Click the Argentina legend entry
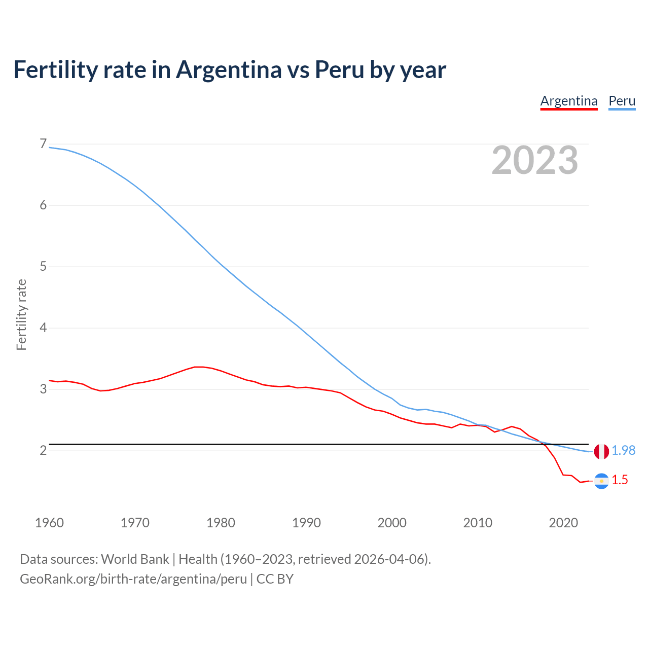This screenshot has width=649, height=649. pos(568,101)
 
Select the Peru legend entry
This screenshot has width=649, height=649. pos(622,101)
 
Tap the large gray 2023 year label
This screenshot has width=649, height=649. pos(535,160)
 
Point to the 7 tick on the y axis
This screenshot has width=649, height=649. pos(43,144)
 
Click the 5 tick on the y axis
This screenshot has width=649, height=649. pos(43,266)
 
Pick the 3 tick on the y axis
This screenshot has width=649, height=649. pos(43,389)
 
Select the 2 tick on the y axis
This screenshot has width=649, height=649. pos(43,450)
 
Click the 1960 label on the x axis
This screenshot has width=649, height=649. pos(49,523)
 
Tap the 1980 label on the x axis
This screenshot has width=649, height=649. pos(221,523)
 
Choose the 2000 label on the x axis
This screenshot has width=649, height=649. pos(392,523)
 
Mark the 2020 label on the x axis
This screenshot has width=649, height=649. pos(563,523)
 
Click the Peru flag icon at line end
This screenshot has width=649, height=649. pos(601,451)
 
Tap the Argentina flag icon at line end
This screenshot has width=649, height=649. pos(601,481)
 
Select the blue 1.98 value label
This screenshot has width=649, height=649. pos(623,450)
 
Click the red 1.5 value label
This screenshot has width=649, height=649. pos(620,480)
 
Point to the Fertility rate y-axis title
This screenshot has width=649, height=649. pos(21,314)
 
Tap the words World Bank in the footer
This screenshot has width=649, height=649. pos(135,559)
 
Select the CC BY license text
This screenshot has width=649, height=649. pos(275,579)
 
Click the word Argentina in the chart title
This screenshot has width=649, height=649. pos(229,70)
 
